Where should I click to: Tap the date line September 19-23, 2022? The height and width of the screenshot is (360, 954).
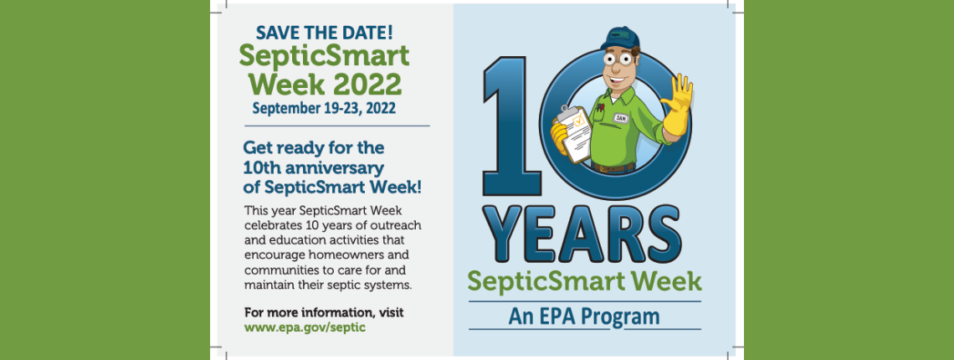click(325, 109)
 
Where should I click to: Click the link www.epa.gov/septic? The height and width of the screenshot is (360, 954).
click(305, 327)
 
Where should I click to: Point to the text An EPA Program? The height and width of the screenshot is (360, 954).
click(584, 316)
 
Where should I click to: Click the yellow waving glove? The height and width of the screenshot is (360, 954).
click(678, 104)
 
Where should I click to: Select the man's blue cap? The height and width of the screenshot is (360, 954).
click(619, 39)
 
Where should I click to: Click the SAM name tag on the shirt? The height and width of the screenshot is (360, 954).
click(620, 118)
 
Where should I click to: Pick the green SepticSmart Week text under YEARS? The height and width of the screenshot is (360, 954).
click(584, 282)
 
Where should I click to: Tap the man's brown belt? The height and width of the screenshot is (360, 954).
click(613, 167)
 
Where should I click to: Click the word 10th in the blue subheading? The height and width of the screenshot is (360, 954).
click(260, 167)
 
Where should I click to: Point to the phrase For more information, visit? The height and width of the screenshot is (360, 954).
click(324, 313)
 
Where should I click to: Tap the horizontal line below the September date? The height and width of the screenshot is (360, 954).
click(337, 126)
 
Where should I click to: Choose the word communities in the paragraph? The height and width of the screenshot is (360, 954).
click(280, 270)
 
